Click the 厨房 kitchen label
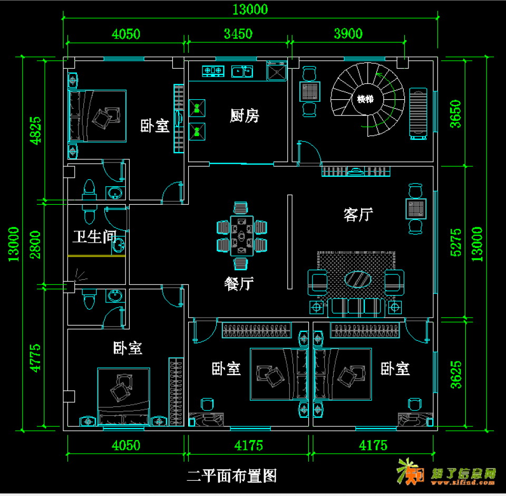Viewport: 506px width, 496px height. coord(245,116)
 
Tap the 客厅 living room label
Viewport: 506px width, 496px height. coord(358,214)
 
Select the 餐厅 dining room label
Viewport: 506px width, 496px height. coord(239,283)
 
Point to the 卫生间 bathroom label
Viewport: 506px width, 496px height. coord(94,236)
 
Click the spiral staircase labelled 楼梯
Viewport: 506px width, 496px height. coord(365,99)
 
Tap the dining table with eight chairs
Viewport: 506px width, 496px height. coord(242,236)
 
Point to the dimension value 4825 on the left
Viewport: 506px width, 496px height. coord(34,130)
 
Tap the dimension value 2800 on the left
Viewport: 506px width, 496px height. coord(34,244)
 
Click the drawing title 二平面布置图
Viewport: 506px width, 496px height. coord(232,476)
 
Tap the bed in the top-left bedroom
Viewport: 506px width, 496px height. coord(98,116)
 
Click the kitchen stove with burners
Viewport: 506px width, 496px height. coord(213,70)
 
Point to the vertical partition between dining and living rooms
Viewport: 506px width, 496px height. coord(289,242)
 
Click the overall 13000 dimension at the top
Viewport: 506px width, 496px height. coord(250,9)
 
